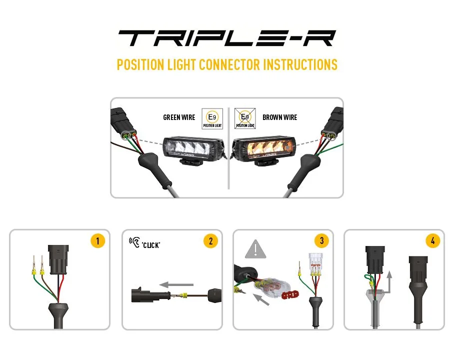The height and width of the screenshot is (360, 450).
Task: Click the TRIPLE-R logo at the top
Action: pos(226,38)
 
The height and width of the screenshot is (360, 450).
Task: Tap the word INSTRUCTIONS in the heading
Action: pos(300,64)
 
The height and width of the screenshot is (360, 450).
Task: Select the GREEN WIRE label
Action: pos(179,117)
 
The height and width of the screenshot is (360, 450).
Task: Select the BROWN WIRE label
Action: pos(280,117)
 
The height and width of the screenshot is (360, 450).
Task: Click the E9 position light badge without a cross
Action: pos(212,118)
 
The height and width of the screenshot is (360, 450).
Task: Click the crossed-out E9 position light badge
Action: pos(245,118)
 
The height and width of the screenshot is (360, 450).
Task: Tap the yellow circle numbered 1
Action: pos(98,241)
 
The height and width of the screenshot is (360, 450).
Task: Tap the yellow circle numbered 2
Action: pos(210,241)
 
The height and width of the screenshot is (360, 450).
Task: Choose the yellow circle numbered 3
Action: pos(321,241)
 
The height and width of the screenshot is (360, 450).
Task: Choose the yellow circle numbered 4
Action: pos(433,241)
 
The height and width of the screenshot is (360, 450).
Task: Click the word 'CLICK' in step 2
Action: pos(151,245)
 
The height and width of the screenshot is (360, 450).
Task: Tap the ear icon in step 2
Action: pos(134,242)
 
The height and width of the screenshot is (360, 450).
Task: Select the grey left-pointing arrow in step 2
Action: pos(176,285)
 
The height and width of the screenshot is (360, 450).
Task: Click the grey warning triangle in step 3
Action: pos(255,249)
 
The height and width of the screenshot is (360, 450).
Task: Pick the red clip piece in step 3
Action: pos(290,295)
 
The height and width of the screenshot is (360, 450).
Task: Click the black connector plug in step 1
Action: pos(58,259)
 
